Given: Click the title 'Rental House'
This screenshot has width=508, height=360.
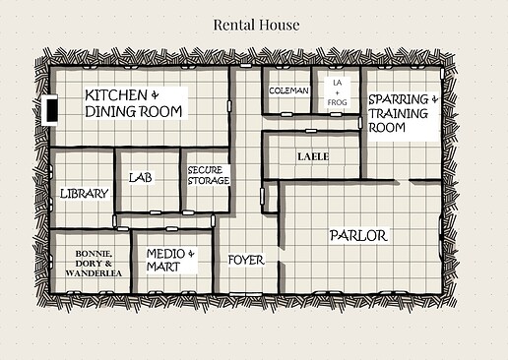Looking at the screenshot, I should tap(256, 25).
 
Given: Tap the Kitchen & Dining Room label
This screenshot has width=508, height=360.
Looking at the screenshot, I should tap(134, 103).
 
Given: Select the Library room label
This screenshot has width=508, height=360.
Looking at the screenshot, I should tap(84, 194).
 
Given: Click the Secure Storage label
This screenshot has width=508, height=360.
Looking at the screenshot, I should tap(208, 175).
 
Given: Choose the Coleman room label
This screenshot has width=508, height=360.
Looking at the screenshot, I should tap(288, 90).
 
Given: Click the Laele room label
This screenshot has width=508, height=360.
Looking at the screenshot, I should tap(313, 156).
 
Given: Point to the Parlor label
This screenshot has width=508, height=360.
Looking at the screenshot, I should tap(358, 236).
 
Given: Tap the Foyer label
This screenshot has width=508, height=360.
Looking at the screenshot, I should tap(245, 260).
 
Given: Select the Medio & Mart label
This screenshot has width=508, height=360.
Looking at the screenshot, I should tap(171, 260).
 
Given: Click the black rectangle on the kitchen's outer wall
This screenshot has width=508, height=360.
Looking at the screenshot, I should tap(51, 111).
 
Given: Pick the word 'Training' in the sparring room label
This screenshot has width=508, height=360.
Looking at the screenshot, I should tap(399, 113).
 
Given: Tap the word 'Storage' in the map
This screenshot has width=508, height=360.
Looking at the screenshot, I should tap(209, 181).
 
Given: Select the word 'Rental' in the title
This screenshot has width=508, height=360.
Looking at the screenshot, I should tap(236, 25).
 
